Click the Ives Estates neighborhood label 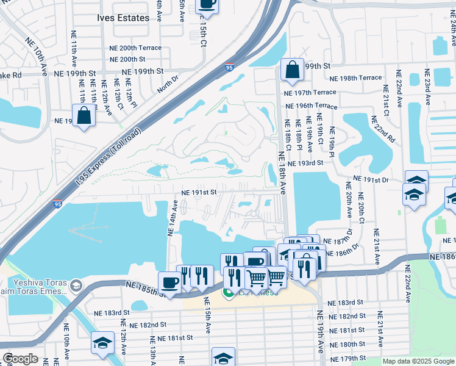pyautogui.click(x=123, y=18)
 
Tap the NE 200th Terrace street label pyautogui.click(x=135, y=48)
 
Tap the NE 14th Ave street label pyautogui.click(x=173, y=218)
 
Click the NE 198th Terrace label pyautogui.click(x=355, y=78)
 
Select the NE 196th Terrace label pyautogui.click(x=312, y=106)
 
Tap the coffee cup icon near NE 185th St pyautogui.click(x=169, y=282)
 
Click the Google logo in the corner pyautogui.click(x=20, y=359)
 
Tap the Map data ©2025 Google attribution pyautogui.click(x=418, y=361)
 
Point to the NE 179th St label pyautogui.click(x=346, y=358)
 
